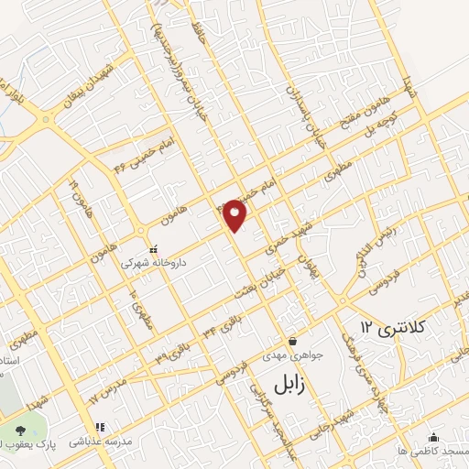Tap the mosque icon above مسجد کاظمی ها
pyautogui.click(x=433, y=438)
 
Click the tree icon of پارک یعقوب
pyautogui.click(x=20, y=430)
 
